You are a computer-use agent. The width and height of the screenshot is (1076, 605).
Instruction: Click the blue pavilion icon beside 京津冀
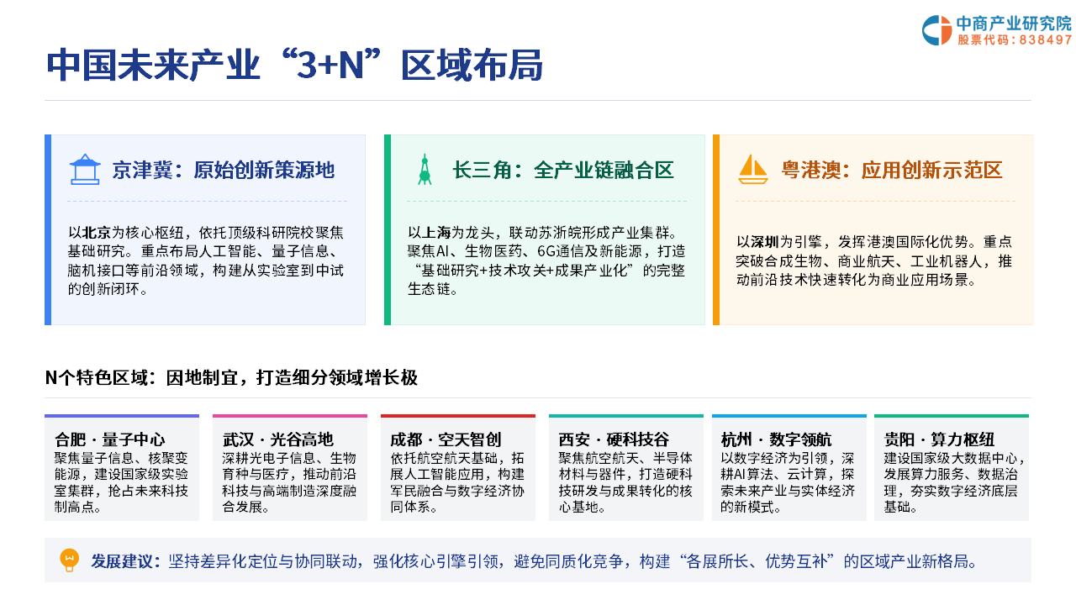[x=85, y=169]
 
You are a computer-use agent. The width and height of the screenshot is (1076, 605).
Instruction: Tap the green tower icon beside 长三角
[x=425, y=169]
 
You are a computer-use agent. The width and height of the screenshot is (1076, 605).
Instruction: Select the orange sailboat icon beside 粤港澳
[x=752, y=169]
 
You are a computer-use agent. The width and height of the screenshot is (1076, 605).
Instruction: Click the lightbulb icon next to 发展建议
[x=69, y=560]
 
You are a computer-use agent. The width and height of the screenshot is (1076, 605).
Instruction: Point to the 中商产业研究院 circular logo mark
[x=936, y=30]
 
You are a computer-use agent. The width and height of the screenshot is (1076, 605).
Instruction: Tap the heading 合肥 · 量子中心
[x=110, y=439]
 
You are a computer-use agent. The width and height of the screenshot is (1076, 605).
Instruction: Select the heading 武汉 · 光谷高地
[x=277, y=439]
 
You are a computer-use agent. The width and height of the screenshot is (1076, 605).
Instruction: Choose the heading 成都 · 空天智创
[x=446, y=439]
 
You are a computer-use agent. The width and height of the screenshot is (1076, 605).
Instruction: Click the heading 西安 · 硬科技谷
[x=614, y=439]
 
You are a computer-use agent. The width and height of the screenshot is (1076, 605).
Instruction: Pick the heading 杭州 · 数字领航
[x=776, y=439]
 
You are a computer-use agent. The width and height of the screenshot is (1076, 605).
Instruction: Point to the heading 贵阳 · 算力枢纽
[x=939, y=439]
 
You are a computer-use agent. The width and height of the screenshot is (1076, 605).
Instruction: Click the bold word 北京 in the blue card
[x=97, y=233]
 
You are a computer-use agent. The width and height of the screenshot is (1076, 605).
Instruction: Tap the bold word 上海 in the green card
[x=436, y=233]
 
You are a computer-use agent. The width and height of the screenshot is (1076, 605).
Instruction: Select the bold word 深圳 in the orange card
[x=765, y=241]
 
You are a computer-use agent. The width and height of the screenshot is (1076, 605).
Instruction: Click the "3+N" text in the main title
[x=330, y=66]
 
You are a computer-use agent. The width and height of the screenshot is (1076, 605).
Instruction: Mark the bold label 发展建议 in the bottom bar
[x=122, y=560]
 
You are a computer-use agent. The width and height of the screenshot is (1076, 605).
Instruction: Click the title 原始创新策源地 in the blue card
[x=264, y=170]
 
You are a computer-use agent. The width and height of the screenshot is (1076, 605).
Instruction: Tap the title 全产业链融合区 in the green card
[x=604, y=170]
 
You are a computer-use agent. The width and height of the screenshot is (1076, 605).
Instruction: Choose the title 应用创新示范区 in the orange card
[x=932, y=170]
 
